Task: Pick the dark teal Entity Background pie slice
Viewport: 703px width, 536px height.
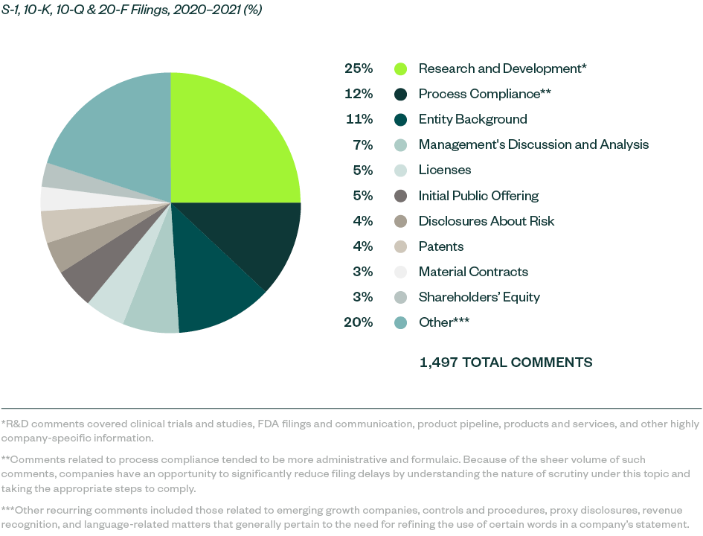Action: point(212,294)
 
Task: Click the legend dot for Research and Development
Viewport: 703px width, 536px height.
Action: point(400,69)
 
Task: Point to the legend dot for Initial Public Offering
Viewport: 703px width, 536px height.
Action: point(400,196)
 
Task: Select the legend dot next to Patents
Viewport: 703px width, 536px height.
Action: point(400,246)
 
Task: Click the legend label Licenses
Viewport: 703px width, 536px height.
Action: point(444,170)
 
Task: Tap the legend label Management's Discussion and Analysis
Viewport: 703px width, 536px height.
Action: point(533,145)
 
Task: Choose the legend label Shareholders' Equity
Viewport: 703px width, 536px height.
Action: point(479,297)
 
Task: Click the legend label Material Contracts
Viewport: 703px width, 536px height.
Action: point(473,272)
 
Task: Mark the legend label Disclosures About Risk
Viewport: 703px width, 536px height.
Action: point(486,221)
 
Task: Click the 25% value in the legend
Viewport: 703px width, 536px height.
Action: point(358,68)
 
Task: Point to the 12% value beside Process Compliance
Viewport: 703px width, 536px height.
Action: point(358,94)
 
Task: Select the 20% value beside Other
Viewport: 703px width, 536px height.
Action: point(358,322)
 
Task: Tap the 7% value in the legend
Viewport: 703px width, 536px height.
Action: point(362,145)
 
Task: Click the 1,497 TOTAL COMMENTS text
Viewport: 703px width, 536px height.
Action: point(506,363)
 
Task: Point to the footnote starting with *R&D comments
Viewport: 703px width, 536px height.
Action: point(350,430)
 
